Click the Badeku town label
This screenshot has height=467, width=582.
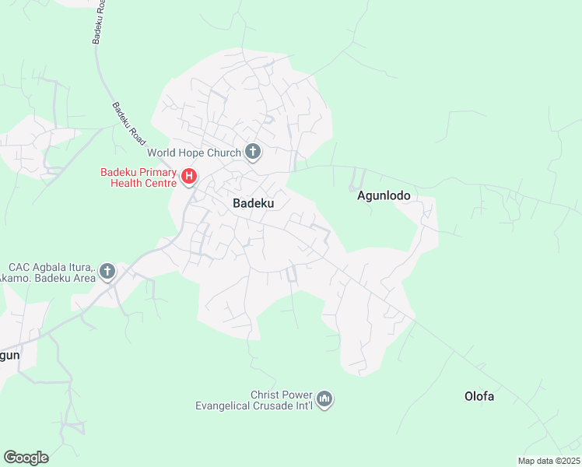pyautogui.click(x=254, y=203)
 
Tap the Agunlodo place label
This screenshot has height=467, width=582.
pyautogui.click(x=383, y=196)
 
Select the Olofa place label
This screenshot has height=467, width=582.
pyautogui.click(x=479, y=396)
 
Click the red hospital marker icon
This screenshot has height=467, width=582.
pyautogui.click(x=188, y=177)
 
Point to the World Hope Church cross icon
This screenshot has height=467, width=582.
pyautogui.click(x=252, y=152)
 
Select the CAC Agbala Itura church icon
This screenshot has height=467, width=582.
pyautogui.click(x=107, y=271)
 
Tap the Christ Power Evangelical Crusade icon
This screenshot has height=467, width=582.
pyautogui.click(x=325, y=399)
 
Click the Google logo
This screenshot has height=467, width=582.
pyautogui.click(x=26, y=457)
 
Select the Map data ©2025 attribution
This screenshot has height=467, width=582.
pyautogui.click(x=549, y=461)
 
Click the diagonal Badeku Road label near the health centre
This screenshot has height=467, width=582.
pyautogui.click(x=128, y=124)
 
